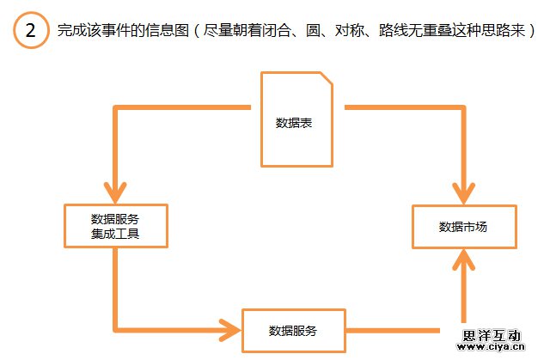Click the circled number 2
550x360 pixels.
pyautogui.click(x=31, y=32)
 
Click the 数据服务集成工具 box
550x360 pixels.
pyautogui.click(x=115, y=225)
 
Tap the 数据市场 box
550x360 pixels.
pyautogui.click(x=464, y=227)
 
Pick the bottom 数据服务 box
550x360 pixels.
pyautogui.click(x=293, y=330)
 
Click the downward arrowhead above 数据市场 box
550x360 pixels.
pyautogui.click(x=465, y=194)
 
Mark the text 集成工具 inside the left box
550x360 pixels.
pyautogui.click(x=115, y=233)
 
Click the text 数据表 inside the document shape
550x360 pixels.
pyautogui.click(x=293, y=123)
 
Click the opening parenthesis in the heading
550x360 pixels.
pyautogui.click(x=196, y=32)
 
